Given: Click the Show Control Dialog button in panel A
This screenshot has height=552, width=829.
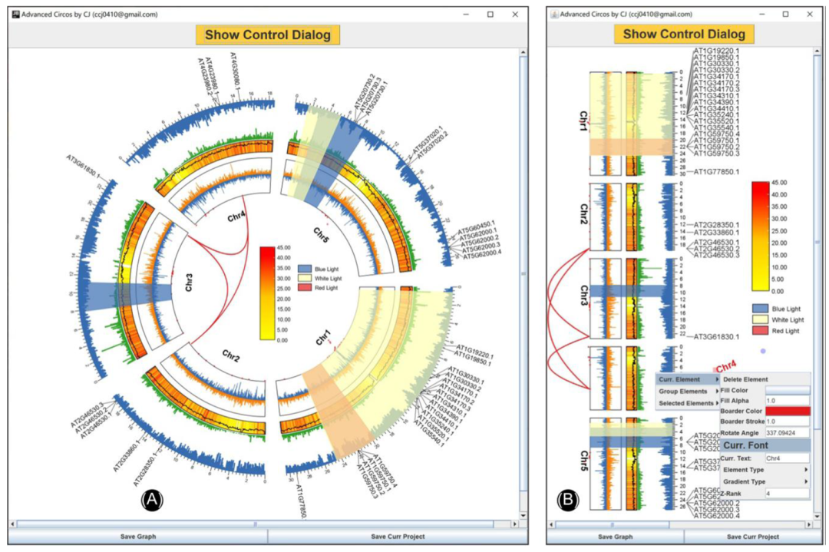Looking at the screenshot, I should coord(267,35).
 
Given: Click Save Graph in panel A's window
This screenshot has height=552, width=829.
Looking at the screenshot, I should coord(137,537).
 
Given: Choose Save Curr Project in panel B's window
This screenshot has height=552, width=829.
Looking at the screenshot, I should coord(752,537).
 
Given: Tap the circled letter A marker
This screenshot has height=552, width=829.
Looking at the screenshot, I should coord(152,501).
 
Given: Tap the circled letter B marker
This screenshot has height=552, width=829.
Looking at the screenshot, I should coord(567,501).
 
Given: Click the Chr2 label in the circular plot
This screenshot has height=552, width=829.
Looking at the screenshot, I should coord(231,355).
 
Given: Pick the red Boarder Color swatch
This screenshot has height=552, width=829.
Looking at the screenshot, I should coord(787,412).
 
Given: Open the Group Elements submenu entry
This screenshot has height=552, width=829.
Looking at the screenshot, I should coord(685,392).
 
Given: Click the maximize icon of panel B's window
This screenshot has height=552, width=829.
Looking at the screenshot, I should coord(785,14).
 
